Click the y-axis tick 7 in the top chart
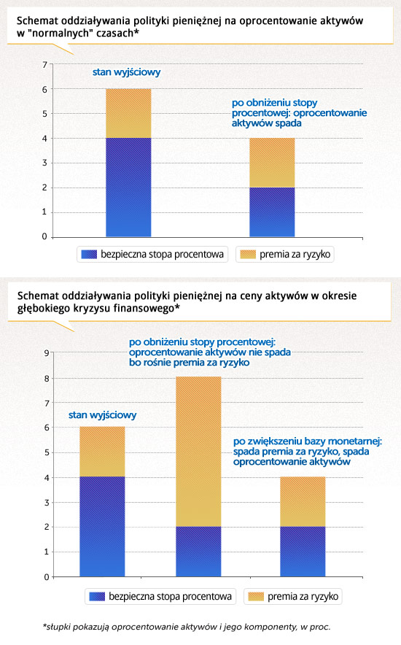coord(44,64)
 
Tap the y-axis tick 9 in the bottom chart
coord(47,353)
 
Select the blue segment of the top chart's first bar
coord(128,188)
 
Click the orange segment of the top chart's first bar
coord(128,113)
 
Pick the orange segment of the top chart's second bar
coord(272,163)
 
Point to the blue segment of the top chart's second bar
coord(272,212)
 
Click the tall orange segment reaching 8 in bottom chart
coord(198,451)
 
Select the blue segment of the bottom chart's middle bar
coord(198,552)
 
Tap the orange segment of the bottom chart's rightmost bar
coord(303,501)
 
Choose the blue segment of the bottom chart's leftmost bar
coord(102,527)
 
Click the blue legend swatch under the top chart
coord(89,254)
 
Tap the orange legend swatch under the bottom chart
coord(256,596)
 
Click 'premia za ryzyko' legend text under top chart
coord(295,254)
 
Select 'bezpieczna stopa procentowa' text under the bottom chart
coord(170,596)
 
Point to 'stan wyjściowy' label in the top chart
coord(126,72)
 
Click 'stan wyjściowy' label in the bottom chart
coord(102,415)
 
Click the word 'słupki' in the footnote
coord(57,627)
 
